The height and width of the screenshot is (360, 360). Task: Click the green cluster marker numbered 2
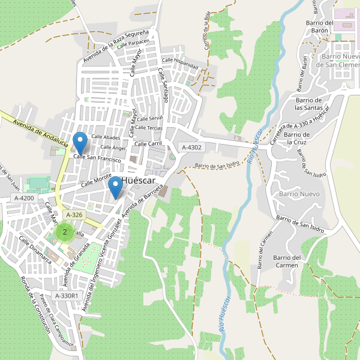pos(64,232)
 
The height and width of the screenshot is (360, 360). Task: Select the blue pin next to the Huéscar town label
pos(115,189)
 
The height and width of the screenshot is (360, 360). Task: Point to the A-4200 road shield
pos(23,198)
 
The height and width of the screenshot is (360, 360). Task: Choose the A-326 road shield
pos(74,215)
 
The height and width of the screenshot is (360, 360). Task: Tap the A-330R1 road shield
pos(66,296)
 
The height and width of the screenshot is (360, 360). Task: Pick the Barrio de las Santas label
pos(310,104)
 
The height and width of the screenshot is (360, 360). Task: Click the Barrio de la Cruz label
pos(298,138)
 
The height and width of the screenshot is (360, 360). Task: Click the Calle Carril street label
pos(148,144)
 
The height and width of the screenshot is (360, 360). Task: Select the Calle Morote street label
pos(97,179)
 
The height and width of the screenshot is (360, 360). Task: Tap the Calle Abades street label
pos(106,137)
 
